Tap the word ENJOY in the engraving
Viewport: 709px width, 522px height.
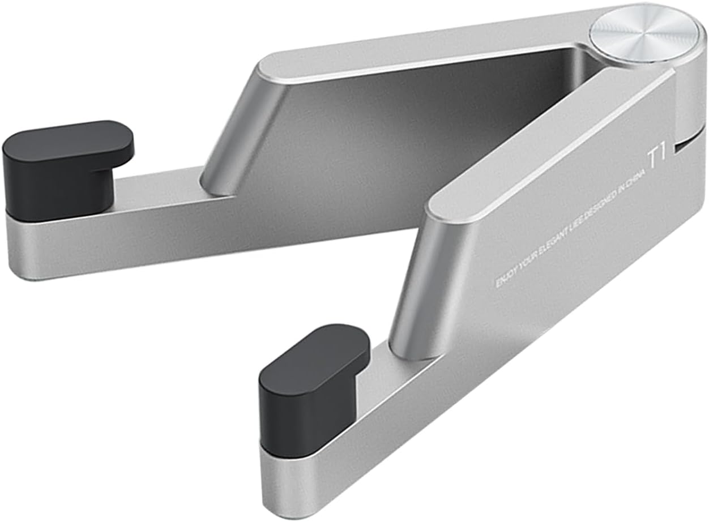pos(507,277)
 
